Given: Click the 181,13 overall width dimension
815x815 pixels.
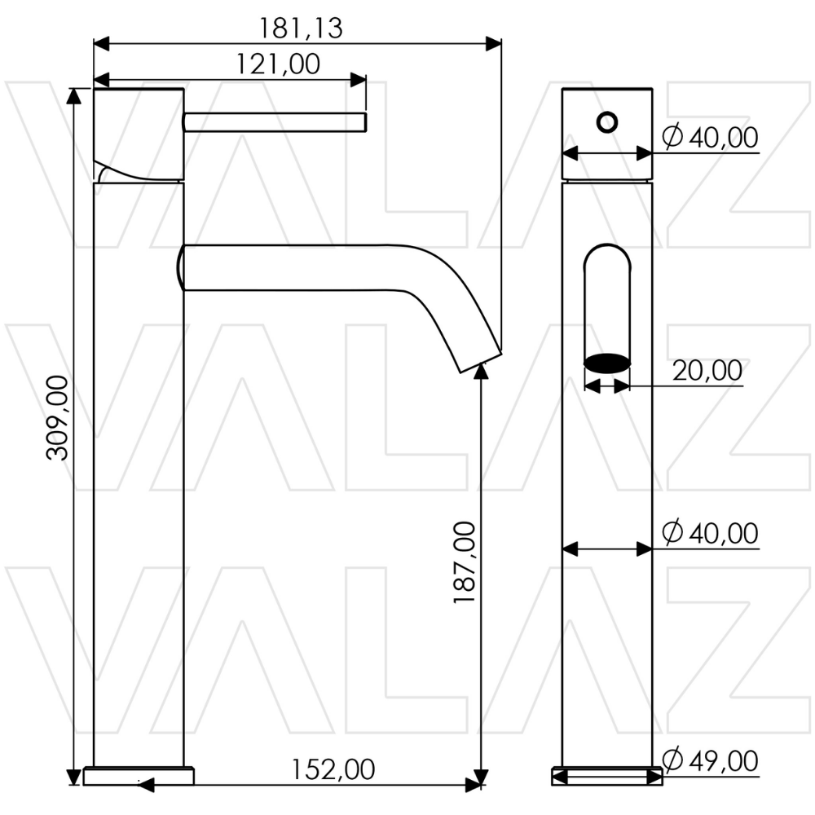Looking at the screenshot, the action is pyautogui.click(x=301, y=29).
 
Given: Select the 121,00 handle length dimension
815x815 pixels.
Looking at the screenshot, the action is pyautogui.click(x=278, y=64).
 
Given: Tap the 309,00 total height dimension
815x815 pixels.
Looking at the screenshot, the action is pyautogui.click(x=58, y=418).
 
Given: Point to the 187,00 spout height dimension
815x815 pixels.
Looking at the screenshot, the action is pyautogui.click(x=465, y=562).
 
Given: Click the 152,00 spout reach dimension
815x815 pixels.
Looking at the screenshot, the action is pyautogui.click(x=333, y=769).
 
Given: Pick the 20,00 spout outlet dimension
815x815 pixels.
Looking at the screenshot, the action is pyautogui.click(x=707, y=371).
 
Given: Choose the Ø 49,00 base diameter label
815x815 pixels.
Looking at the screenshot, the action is pyautogui.click(x=710, y=760).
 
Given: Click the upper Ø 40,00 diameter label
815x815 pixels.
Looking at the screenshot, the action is pyautogui.click(x=710, y=137).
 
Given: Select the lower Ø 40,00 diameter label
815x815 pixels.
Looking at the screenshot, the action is pyautogui.click(x=710, y=533).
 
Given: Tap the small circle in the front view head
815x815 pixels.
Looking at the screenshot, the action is pyautogui.click(x=606, y=123).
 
